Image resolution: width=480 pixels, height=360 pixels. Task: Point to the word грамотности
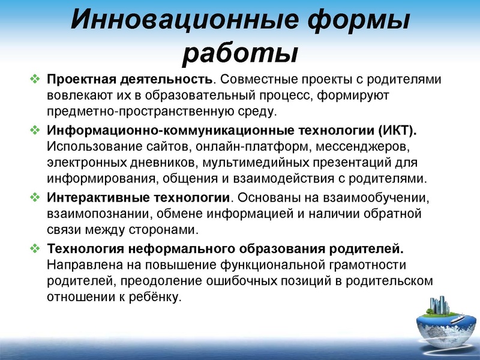tap(372, 265)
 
